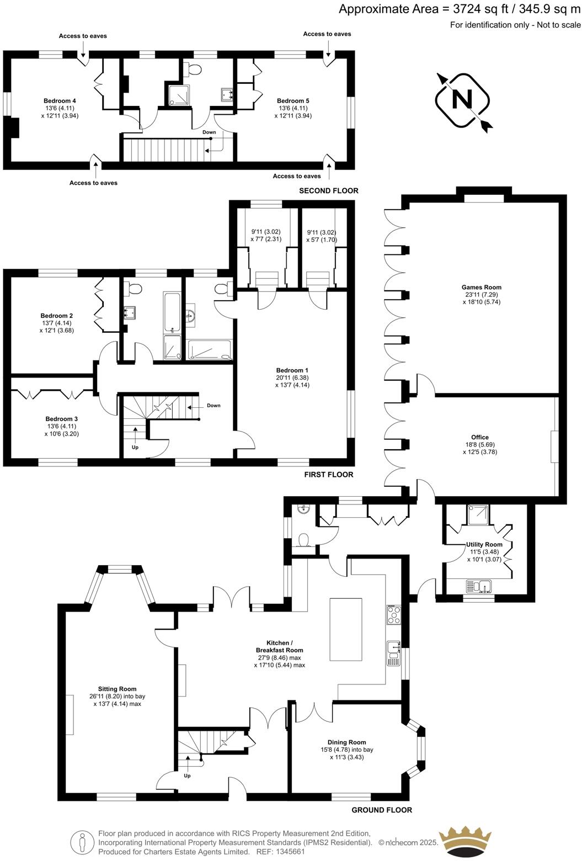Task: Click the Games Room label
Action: [x=481, y=287]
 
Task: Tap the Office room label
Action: [x=476, y=437]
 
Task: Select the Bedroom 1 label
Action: [x=292, y=370]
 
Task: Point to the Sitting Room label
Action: [x=117, y=689]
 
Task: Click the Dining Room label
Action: [x=346, y=742]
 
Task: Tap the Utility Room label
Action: [x=484, y=545]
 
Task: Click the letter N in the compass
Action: [x=462, y=100]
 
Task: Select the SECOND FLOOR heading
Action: [x=328, y=190]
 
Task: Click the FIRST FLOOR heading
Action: [x=329, y=474]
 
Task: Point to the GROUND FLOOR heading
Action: [x=382, y=810]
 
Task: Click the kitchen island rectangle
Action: [x=346, y=629]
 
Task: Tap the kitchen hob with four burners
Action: [x=394, y=614]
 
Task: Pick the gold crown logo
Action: [x=464, y=841]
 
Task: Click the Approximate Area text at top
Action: [x=460, y=9]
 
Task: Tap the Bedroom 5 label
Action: [x=293, y=101]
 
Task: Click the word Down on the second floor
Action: [x=209, y=132]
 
